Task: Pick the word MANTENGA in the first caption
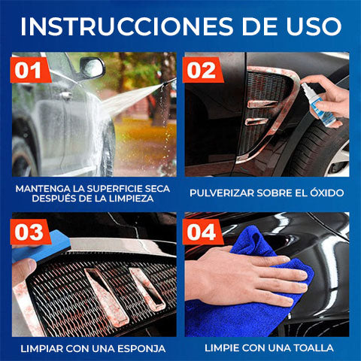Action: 41,187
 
